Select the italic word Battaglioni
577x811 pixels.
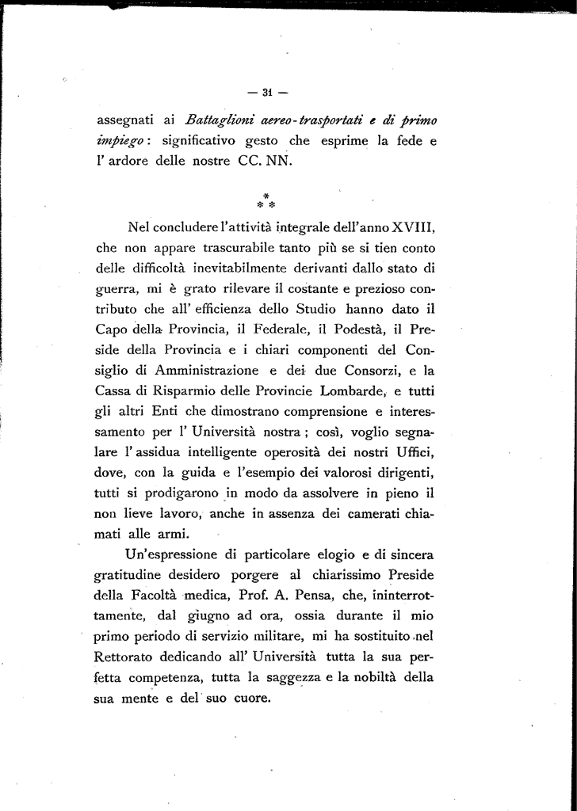tap(217, 120)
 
